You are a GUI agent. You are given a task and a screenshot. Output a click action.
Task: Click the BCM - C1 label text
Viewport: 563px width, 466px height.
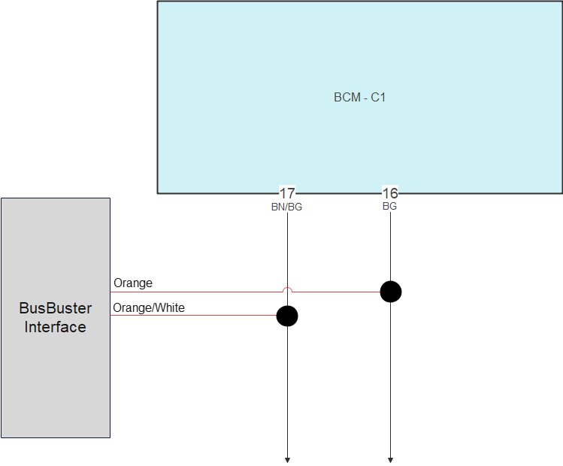359,98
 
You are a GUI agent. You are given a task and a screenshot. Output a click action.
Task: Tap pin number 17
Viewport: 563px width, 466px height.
287,193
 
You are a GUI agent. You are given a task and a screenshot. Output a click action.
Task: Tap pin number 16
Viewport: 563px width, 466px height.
390,193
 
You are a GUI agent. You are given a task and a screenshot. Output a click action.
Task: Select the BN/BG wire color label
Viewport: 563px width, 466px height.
286,207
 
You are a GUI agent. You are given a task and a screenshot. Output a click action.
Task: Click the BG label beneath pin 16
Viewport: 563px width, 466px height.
389,206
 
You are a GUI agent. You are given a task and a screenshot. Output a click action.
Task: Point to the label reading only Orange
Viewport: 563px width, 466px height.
133,283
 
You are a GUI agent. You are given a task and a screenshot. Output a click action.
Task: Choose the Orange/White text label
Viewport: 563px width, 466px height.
149,307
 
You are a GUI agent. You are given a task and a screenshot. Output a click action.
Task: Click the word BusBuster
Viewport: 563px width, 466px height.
55,308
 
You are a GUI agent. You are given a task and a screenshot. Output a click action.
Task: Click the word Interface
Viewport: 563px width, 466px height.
55,327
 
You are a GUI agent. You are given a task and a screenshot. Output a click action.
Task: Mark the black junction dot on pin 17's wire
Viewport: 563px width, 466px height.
287,316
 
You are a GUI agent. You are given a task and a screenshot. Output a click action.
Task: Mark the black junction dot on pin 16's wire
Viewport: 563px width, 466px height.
390,291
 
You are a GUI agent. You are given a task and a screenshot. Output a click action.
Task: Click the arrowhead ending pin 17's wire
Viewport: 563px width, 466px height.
287,459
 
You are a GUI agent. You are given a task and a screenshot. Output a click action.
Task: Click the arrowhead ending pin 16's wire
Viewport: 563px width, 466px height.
390,459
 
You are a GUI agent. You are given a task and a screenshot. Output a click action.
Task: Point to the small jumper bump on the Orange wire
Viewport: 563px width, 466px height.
287,289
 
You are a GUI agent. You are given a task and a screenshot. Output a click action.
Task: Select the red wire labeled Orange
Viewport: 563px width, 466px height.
210,291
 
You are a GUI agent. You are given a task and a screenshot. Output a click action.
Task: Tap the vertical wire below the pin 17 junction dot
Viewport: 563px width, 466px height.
287,391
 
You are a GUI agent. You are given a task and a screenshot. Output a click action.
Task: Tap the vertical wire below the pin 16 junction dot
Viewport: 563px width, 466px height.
390,376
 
